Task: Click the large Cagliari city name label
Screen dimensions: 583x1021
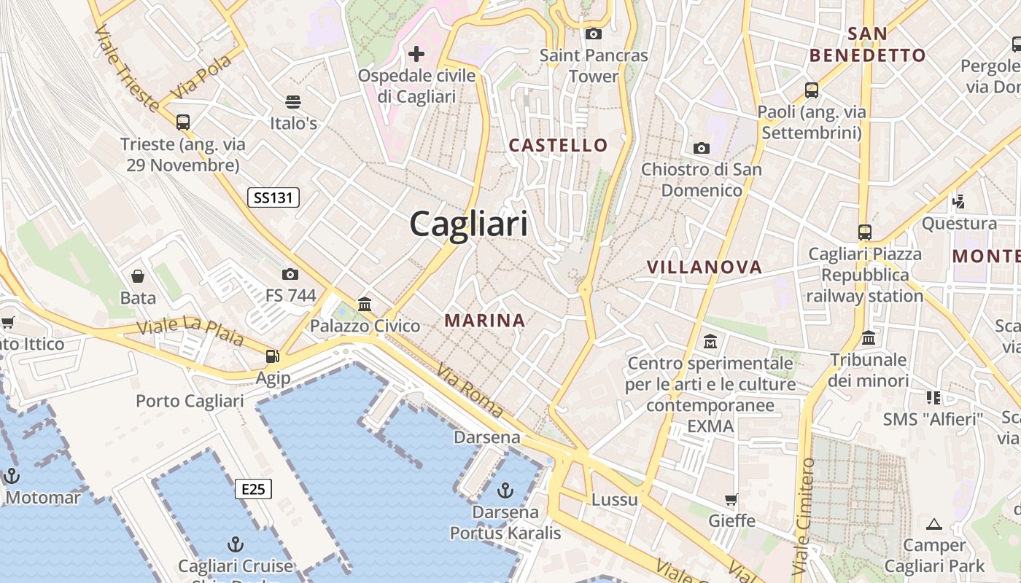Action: point(468,223)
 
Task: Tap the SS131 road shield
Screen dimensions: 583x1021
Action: point(273,197)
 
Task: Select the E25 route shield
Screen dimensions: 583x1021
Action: point(253,489)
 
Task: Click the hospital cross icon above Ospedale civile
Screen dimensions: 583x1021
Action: point(416,53)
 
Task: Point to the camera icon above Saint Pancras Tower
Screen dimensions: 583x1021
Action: point(594,34)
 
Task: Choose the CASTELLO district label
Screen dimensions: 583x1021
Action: point(558,145)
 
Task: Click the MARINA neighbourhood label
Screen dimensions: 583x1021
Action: point(485,320)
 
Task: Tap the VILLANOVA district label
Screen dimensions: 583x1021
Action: point(704,267)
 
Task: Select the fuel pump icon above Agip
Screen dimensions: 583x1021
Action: point(273,356)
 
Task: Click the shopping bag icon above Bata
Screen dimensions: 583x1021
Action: point(138,275)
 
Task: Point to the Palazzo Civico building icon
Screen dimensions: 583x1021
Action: point(365,304)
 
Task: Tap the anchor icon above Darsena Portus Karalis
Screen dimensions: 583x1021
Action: point(505,490)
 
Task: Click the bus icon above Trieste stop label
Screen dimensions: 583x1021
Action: point(183,122)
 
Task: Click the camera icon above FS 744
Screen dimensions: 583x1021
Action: point(290,274)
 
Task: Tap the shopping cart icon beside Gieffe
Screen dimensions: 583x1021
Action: point(731,499)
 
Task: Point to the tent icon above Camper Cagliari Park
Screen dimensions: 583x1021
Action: point(933,523)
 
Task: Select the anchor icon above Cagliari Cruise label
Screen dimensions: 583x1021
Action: point(235,544)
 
